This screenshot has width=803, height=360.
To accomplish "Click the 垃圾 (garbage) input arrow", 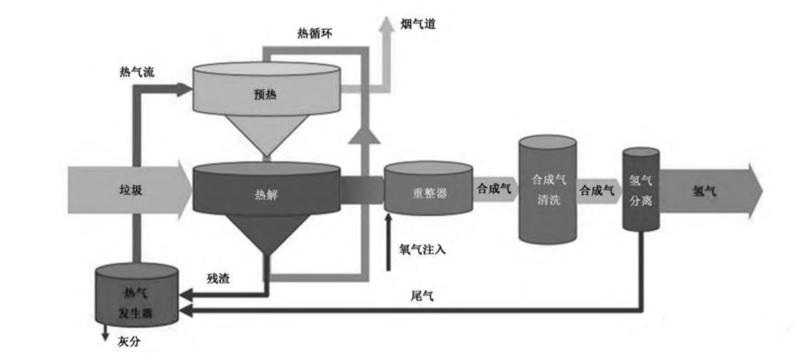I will pos(126,190).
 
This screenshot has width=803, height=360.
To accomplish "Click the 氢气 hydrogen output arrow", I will pos(706,190).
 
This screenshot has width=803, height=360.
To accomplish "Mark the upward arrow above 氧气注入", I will pos(388,223).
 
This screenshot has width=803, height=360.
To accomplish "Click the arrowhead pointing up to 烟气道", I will pos(387,22).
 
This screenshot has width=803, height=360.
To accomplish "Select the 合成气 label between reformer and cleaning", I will pos(494,190).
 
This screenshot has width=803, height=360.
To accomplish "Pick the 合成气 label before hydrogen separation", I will pos(598,190).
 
